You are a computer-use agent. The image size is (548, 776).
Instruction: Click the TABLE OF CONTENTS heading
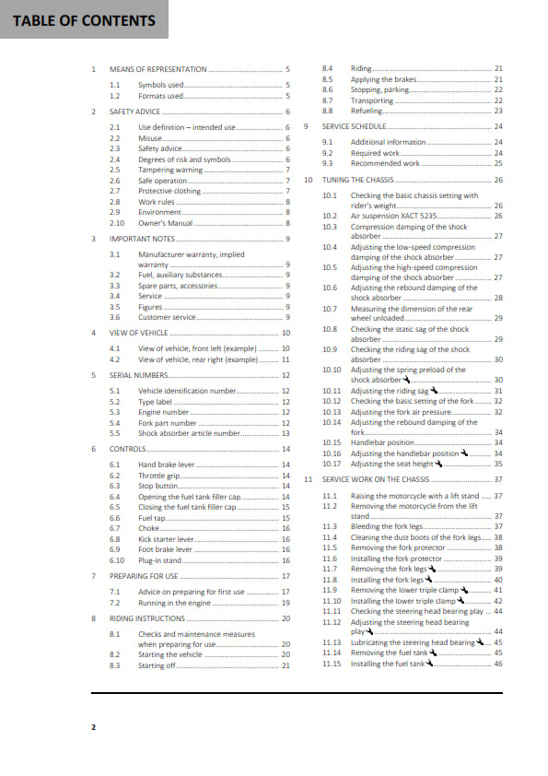point(84,20)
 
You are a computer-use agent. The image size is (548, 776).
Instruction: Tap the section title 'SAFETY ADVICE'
point(136,111)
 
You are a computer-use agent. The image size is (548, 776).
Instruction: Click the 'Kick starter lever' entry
point(167,538)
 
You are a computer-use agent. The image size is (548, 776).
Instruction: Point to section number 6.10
point(116,559)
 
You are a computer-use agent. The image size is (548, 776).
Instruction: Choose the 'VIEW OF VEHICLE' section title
point(139,332)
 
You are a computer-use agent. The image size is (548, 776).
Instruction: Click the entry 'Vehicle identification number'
point(188,391)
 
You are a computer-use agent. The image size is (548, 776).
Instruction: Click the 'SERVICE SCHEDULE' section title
point(355,126)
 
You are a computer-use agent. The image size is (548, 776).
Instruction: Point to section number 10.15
point(332,442)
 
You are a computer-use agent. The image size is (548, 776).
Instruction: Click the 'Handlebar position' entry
point(382,442)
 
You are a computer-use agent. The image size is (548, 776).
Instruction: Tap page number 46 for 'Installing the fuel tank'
point(497,664)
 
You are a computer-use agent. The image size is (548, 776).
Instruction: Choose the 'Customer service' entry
point(167,317)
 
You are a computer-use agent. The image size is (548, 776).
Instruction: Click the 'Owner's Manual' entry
point(166,223)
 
